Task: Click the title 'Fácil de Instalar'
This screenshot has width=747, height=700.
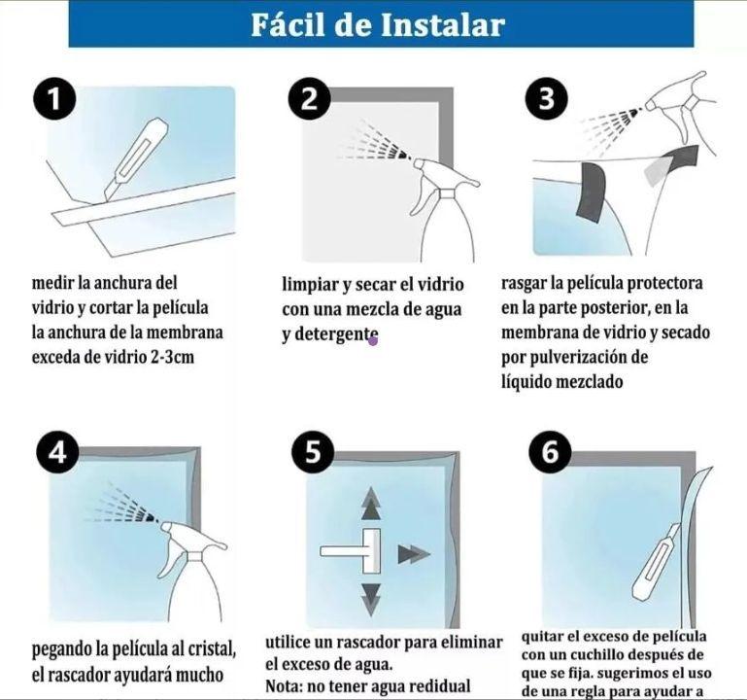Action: coord(378,24)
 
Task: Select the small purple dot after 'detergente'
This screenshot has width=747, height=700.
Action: coord(372,339)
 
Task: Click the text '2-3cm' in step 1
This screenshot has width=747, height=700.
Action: coord(200,356)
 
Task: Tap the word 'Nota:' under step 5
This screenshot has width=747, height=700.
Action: coord(288,684)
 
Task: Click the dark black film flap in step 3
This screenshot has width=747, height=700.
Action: coord(590,191)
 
